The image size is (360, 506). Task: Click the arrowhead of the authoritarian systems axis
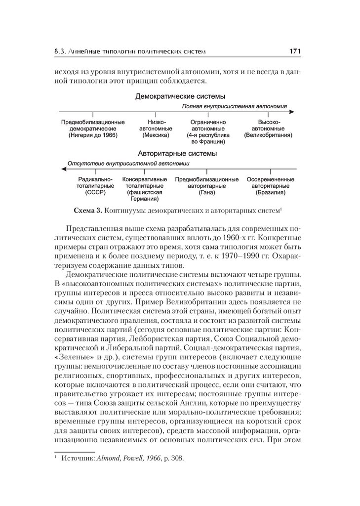[x=61, y=169]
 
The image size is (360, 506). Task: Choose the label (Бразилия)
[x=271, y=192]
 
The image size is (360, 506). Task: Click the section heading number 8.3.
[x=60, y=51]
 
